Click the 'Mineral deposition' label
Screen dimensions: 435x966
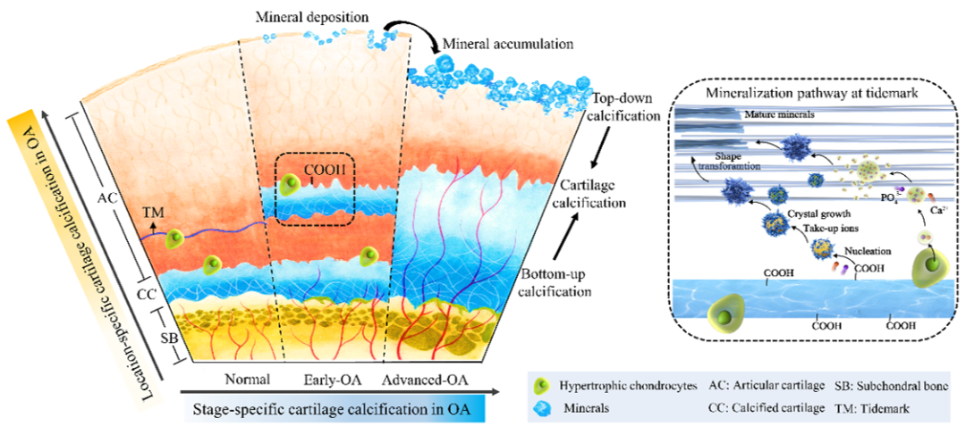310,17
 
